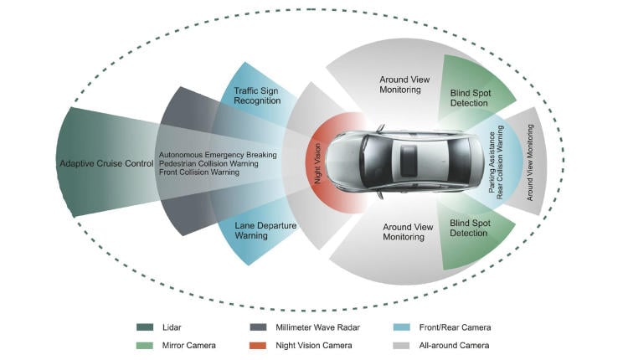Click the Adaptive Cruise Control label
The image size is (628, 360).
106,162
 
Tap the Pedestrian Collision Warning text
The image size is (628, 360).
208,163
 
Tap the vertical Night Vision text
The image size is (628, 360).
317,163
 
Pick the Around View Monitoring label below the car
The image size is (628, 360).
408,232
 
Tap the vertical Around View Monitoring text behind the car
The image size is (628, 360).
529,163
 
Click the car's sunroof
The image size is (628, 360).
409,158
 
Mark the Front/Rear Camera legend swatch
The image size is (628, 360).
399,327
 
